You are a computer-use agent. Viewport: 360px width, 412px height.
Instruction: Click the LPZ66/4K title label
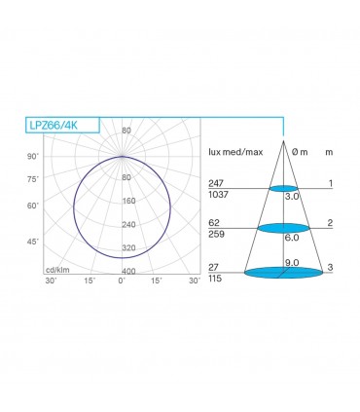(x=54, y=124)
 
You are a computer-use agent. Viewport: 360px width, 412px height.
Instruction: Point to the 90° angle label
(x=32, y=157)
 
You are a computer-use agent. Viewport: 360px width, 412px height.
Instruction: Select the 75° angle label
(x=32, y=179)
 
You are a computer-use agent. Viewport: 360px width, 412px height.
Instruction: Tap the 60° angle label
(x=32, y=206)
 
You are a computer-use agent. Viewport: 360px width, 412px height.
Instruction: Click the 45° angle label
(x=32, y=241)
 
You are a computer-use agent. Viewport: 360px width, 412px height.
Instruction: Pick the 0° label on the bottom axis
(x=121, y=281)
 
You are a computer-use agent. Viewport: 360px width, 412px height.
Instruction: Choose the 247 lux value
(x=216, y=182)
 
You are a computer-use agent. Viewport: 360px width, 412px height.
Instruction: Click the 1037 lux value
(x=219, y=195)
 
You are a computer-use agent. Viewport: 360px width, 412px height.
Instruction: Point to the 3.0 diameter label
(x=290, y=196)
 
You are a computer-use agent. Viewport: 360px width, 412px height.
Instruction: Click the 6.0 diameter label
(x=290, y=237)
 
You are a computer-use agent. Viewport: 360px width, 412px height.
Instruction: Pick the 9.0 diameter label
(x=290, y=262)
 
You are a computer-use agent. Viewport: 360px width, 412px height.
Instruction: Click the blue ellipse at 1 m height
(x=282, y=187)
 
